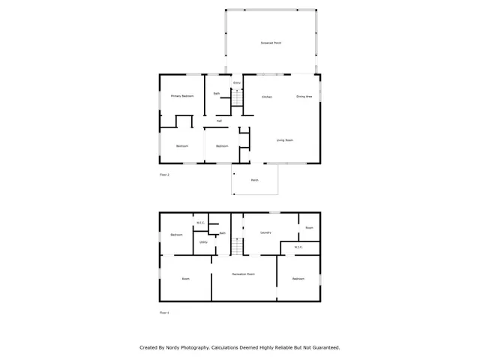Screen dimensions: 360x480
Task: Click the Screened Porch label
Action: point(271,43)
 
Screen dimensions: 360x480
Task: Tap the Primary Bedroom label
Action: point(182,96)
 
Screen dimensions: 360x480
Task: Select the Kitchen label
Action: point(267,97)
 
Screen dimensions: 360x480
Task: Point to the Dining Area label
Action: point(304,97)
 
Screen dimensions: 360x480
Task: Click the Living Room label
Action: point(284,140)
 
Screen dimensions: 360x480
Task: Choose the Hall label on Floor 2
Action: point(219,120)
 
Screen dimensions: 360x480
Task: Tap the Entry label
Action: point(237,82)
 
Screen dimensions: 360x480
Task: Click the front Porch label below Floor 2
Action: point(254,180)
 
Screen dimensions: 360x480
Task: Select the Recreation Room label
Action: point(244,274)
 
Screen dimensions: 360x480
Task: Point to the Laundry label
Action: point(265,233)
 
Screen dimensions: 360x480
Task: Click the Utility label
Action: point(203,241)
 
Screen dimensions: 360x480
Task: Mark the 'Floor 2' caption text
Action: point(164,175)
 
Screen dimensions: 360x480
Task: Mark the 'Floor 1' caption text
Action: point(164,312)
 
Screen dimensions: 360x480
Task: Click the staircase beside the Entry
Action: point(237,98)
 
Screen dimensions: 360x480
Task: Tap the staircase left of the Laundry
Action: point(237,247)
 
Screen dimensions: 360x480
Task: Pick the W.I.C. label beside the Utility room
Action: point(201,222)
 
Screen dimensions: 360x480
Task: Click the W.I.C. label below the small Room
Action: point(298,247)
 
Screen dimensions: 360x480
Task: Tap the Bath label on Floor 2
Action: point(217,94)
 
